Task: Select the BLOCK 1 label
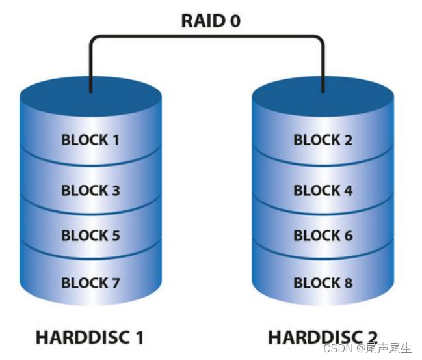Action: pos(90,139)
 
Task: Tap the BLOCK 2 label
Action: pos(323,139)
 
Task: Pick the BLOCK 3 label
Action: pos(90,191)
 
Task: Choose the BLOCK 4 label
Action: pos(323,191)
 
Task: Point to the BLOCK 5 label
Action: pos(90,236)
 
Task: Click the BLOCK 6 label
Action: pos(323,236)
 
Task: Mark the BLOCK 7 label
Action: pos(90,283)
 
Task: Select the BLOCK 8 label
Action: pos(323,283)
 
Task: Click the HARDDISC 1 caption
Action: pos(90,337)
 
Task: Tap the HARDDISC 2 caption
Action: pos(323,337)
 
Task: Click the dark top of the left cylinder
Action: pos(90,98)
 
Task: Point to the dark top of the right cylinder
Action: pos(323,98)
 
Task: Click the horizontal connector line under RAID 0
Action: pos(207,36)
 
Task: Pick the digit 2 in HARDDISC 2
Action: pos(371,337)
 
